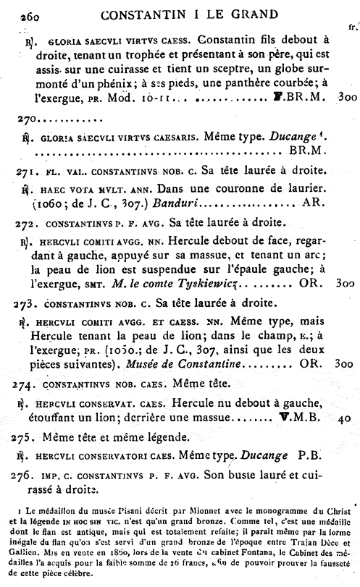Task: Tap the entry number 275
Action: click(28, 437)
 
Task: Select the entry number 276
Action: click(28, 474)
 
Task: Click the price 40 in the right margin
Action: click(345, 418)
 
